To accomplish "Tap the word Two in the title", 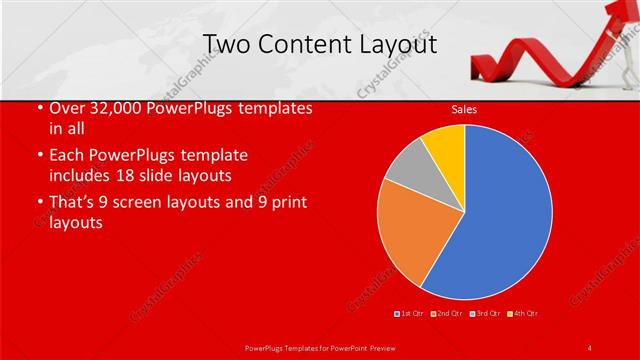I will pyautogui.click(x=225, y=45).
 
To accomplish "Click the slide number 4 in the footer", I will pyautogui.click(x=589, y=347).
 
